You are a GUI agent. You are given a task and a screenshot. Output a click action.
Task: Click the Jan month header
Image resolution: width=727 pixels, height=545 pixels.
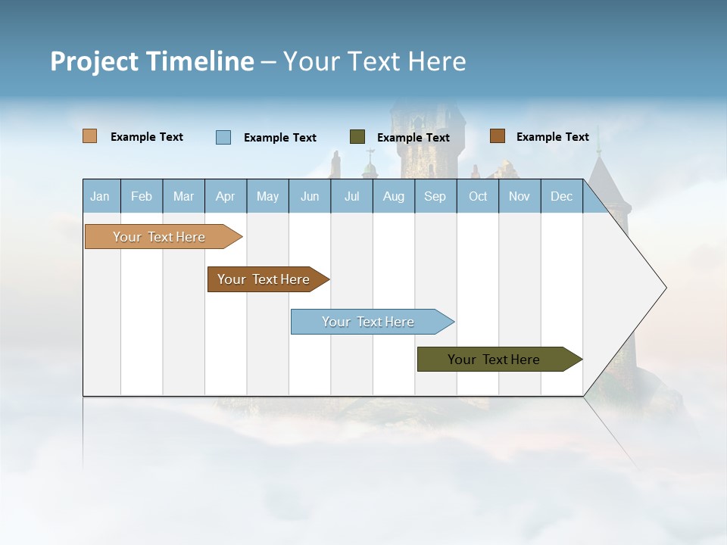(100, 196)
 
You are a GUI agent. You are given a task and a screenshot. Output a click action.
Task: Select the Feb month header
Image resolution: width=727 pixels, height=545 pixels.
(142, 196)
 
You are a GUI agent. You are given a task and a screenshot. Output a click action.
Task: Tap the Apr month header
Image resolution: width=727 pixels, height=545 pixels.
(225, 196)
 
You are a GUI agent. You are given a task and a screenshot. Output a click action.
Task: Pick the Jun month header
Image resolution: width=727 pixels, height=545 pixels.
(310, 196)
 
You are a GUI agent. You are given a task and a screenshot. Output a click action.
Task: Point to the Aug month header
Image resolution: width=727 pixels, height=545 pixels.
(393, 196)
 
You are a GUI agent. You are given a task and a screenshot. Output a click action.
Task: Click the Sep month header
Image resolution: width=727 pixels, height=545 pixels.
(435, 196)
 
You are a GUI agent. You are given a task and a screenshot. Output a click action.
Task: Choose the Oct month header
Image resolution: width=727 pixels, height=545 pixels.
(478, 196)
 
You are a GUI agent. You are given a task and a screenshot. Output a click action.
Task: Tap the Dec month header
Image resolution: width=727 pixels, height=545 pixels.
(561, 196)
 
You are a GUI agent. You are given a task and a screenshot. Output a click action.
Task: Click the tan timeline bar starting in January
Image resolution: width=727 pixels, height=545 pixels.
(160, 237)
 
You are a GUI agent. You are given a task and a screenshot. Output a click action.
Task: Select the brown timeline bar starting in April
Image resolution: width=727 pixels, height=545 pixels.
(264, 279)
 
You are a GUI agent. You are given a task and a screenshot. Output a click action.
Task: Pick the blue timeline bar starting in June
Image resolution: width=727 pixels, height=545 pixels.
(369, 322)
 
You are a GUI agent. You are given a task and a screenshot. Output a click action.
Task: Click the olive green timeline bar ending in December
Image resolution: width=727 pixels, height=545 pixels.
(495, 360)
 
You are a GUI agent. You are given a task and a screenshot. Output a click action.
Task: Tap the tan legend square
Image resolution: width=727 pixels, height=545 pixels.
(89, 136)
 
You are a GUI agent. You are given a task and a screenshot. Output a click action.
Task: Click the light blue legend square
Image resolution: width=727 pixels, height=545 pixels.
(223, 137)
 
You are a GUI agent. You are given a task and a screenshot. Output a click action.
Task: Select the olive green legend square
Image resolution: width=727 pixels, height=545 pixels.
(357, 137)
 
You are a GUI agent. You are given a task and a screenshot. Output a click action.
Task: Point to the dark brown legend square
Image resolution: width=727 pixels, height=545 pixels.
(497, 136)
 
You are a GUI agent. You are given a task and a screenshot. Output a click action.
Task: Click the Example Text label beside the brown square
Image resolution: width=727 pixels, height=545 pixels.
(552, 136)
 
